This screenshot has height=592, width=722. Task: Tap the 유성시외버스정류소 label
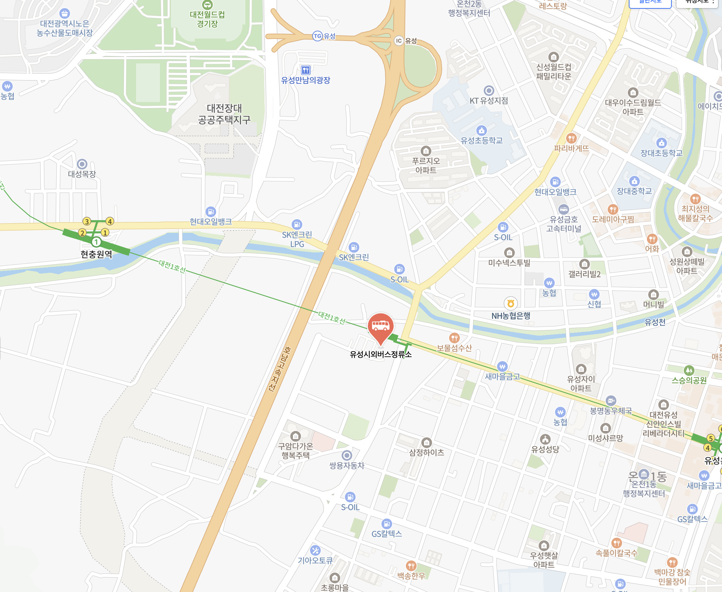click(380, 354)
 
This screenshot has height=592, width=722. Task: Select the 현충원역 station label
click(96, 254)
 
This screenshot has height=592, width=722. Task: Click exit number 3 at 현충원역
click(87, 221)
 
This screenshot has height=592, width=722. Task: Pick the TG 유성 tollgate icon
click(317, 36)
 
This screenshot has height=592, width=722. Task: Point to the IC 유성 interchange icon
click(399, 41)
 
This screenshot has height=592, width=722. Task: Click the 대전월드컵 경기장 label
click(207, 19)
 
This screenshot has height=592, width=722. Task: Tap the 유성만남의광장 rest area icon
click(305, 70)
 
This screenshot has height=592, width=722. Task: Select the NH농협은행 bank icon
click(510, 303)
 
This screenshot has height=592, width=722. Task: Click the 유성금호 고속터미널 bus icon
click(563, 209)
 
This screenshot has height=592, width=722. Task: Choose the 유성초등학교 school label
click(481, 141)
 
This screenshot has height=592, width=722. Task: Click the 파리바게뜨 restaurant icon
click(571, 138)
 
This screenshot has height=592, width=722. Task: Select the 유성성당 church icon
click(545, 439)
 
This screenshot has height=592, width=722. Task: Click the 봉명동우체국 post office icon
click(611, 401)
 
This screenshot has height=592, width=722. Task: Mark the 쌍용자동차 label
click(347, 465)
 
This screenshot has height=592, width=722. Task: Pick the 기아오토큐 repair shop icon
click(315, 550)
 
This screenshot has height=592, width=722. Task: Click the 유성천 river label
click(655, 322)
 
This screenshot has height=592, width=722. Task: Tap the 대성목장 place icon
click(82, 164)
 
